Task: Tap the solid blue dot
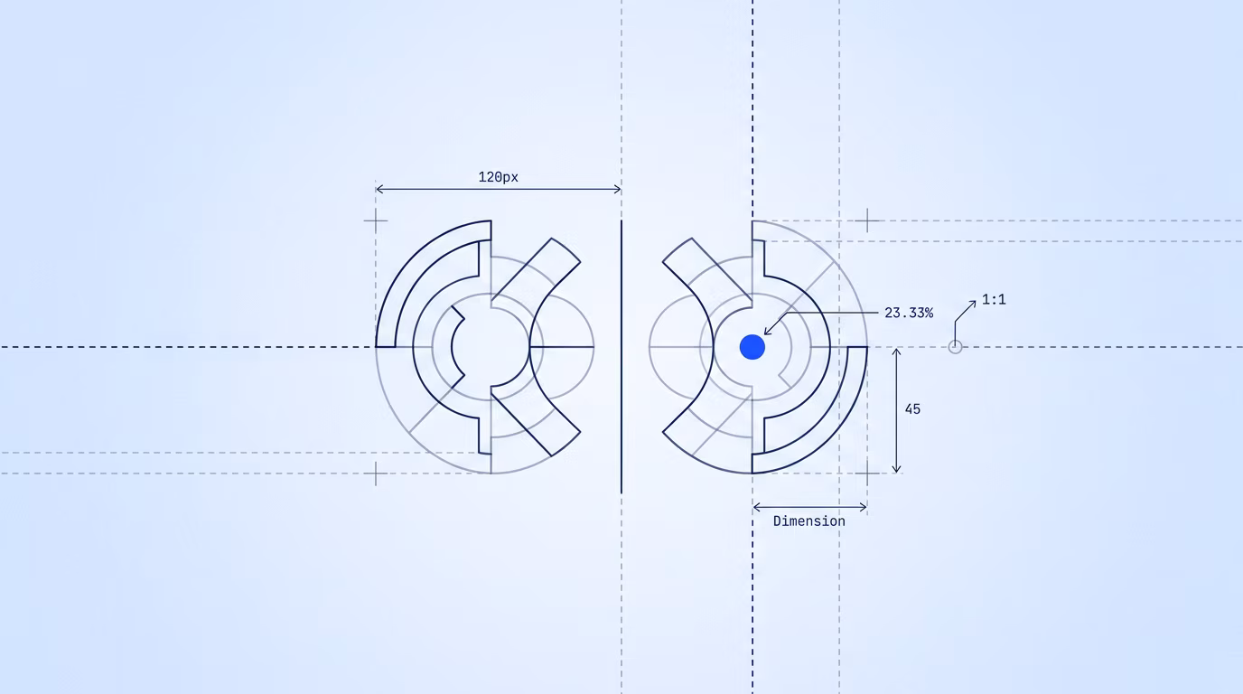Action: click(752, 347)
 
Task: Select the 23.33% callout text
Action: click(909, 314)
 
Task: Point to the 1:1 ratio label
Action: click(994, 300)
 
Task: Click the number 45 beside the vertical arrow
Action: click(912, 409)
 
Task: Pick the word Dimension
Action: click(809, 521)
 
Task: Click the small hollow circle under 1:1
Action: click(955, 347)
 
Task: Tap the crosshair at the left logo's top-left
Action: click(376, 221)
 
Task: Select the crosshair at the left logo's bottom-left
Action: click(376, 474)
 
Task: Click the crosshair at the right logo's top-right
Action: click(867, 221)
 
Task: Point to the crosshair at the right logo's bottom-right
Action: click(867, 474)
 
